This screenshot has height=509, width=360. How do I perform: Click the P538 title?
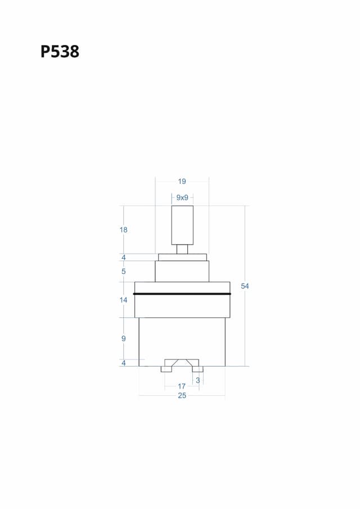[x=60, y=52]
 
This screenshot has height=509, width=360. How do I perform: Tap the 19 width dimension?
[x=182, y=182]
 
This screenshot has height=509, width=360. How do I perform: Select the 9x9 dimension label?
[x=182, y=197]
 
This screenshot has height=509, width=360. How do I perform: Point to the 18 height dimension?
[x=123, y=230]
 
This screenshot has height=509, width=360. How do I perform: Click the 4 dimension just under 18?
[x=123, y=258]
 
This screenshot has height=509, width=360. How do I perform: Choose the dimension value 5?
[x=123, y=272]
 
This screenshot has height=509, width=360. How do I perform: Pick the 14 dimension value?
[x=123, y=300]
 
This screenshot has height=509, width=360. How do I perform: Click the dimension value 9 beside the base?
[x=123, y=339]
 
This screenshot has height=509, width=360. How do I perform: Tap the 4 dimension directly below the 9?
[x=123, y=363]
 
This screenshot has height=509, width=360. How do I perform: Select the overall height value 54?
[x=245, y=286]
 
